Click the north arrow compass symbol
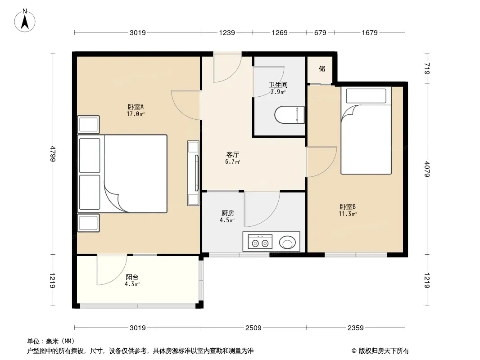(x=25, y=21)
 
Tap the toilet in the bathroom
(x=290, y=115)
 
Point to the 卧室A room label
(x=136, y=107)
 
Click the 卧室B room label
(x=348, y=207)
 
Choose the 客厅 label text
(x=233, y=154)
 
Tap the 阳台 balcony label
(x=132, y=277)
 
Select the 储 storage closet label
(x=322, y=68)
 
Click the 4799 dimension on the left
(x=53, y=154)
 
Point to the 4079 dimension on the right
(x=427, y=169)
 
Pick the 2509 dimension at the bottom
(x=254, y=328)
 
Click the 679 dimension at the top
(x=320, y=32)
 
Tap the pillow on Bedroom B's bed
(x=366, y=96)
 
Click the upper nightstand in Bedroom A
(x=88, y=125)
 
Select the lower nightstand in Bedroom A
(x=88, y=223)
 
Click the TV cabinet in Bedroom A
(x=193, y=173)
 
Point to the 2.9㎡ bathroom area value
(x=278, y=92)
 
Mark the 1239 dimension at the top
(x=227, y=32)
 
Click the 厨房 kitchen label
(x=228, y=213)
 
